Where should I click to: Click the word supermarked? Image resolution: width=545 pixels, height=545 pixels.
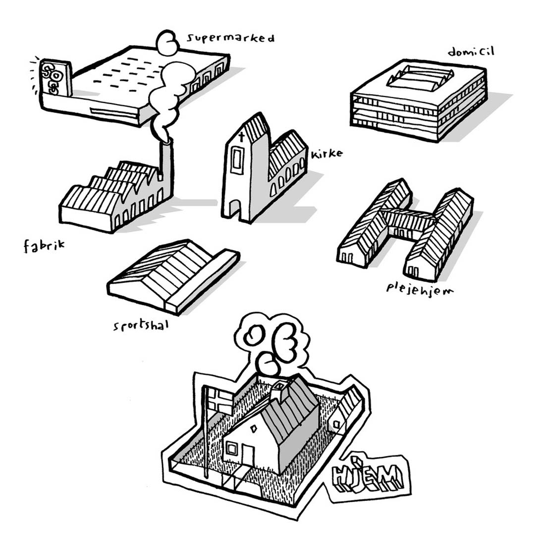[x=230, y=38]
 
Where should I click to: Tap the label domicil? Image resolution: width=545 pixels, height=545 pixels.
[x=471, y=52]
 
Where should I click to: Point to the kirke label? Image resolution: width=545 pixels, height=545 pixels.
[x=327, y=153]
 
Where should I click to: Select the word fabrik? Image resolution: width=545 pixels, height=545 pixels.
[x=44, y=246]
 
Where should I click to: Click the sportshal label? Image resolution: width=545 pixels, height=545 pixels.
[x=141, y=326]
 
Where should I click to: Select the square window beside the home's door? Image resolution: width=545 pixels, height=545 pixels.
[x=231, y=448]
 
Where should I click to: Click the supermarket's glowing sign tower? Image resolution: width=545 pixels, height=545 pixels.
[x=55, y=78]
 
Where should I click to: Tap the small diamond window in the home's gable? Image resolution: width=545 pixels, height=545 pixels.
[x=254, y=429]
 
